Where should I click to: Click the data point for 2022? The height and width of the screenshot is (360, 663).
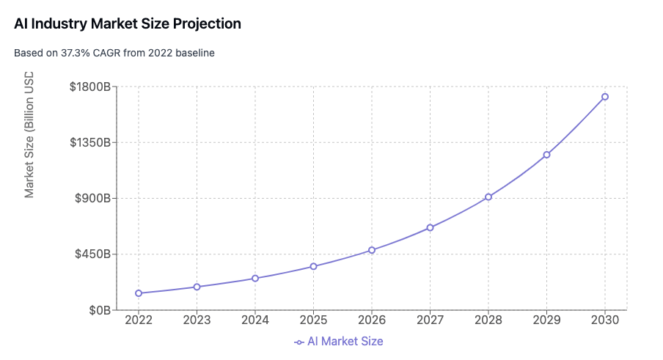coord(139,293)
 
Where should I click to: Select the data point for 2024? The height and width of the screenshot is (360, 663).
coord(255,279)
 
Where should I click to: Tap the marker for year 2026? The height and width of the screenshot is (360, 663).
coord(372,250)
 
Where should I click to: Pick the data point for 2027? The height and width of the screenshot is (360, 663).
coord(430,227)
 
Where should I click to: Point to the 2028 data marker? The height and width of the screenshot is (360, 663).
coord(488,197)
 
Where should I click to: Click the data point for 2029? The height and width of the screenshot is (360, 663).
coord(546,155)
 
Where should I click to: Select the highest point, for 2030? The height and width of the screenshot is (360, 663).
coord(605,97)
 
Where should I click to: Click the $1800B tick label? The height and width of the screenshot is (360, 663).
coord(89,87)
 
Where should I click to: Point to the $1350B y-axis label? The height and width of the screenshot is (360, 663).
coord(89,142)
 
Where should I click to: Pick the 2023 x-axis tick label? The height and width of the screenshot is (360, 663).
coord(197,320)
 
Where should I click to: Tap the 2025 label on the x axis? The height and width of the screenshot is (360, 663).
coord(313,320)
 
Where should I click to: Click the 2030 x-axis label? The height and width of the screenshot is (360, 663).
coord(605,320)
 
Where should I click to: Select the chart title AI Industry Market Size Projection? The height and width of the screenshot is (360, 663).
coord(128,23)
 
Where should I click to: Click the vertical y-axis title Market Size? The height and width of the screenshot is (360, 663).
coord(29,135)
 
